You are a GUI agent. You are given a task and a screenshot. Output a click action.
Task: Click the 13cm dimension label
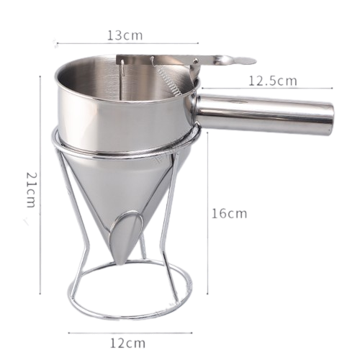pos(125,35)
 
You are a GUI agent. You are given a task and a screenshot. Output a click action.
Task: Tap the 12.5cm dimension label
pos(272,81)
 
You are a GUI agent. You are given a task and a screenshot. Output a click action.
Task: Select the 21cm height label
pos(31,190)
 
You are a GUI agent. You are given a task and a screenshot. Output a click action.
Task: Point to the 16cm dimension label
pos(229,213)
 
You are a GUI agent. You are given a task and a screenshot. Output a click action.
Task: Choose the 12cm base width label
pos(127,343)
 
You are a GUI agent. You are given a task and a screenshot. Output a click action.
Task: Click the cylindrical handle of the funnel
pos(265,113)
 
